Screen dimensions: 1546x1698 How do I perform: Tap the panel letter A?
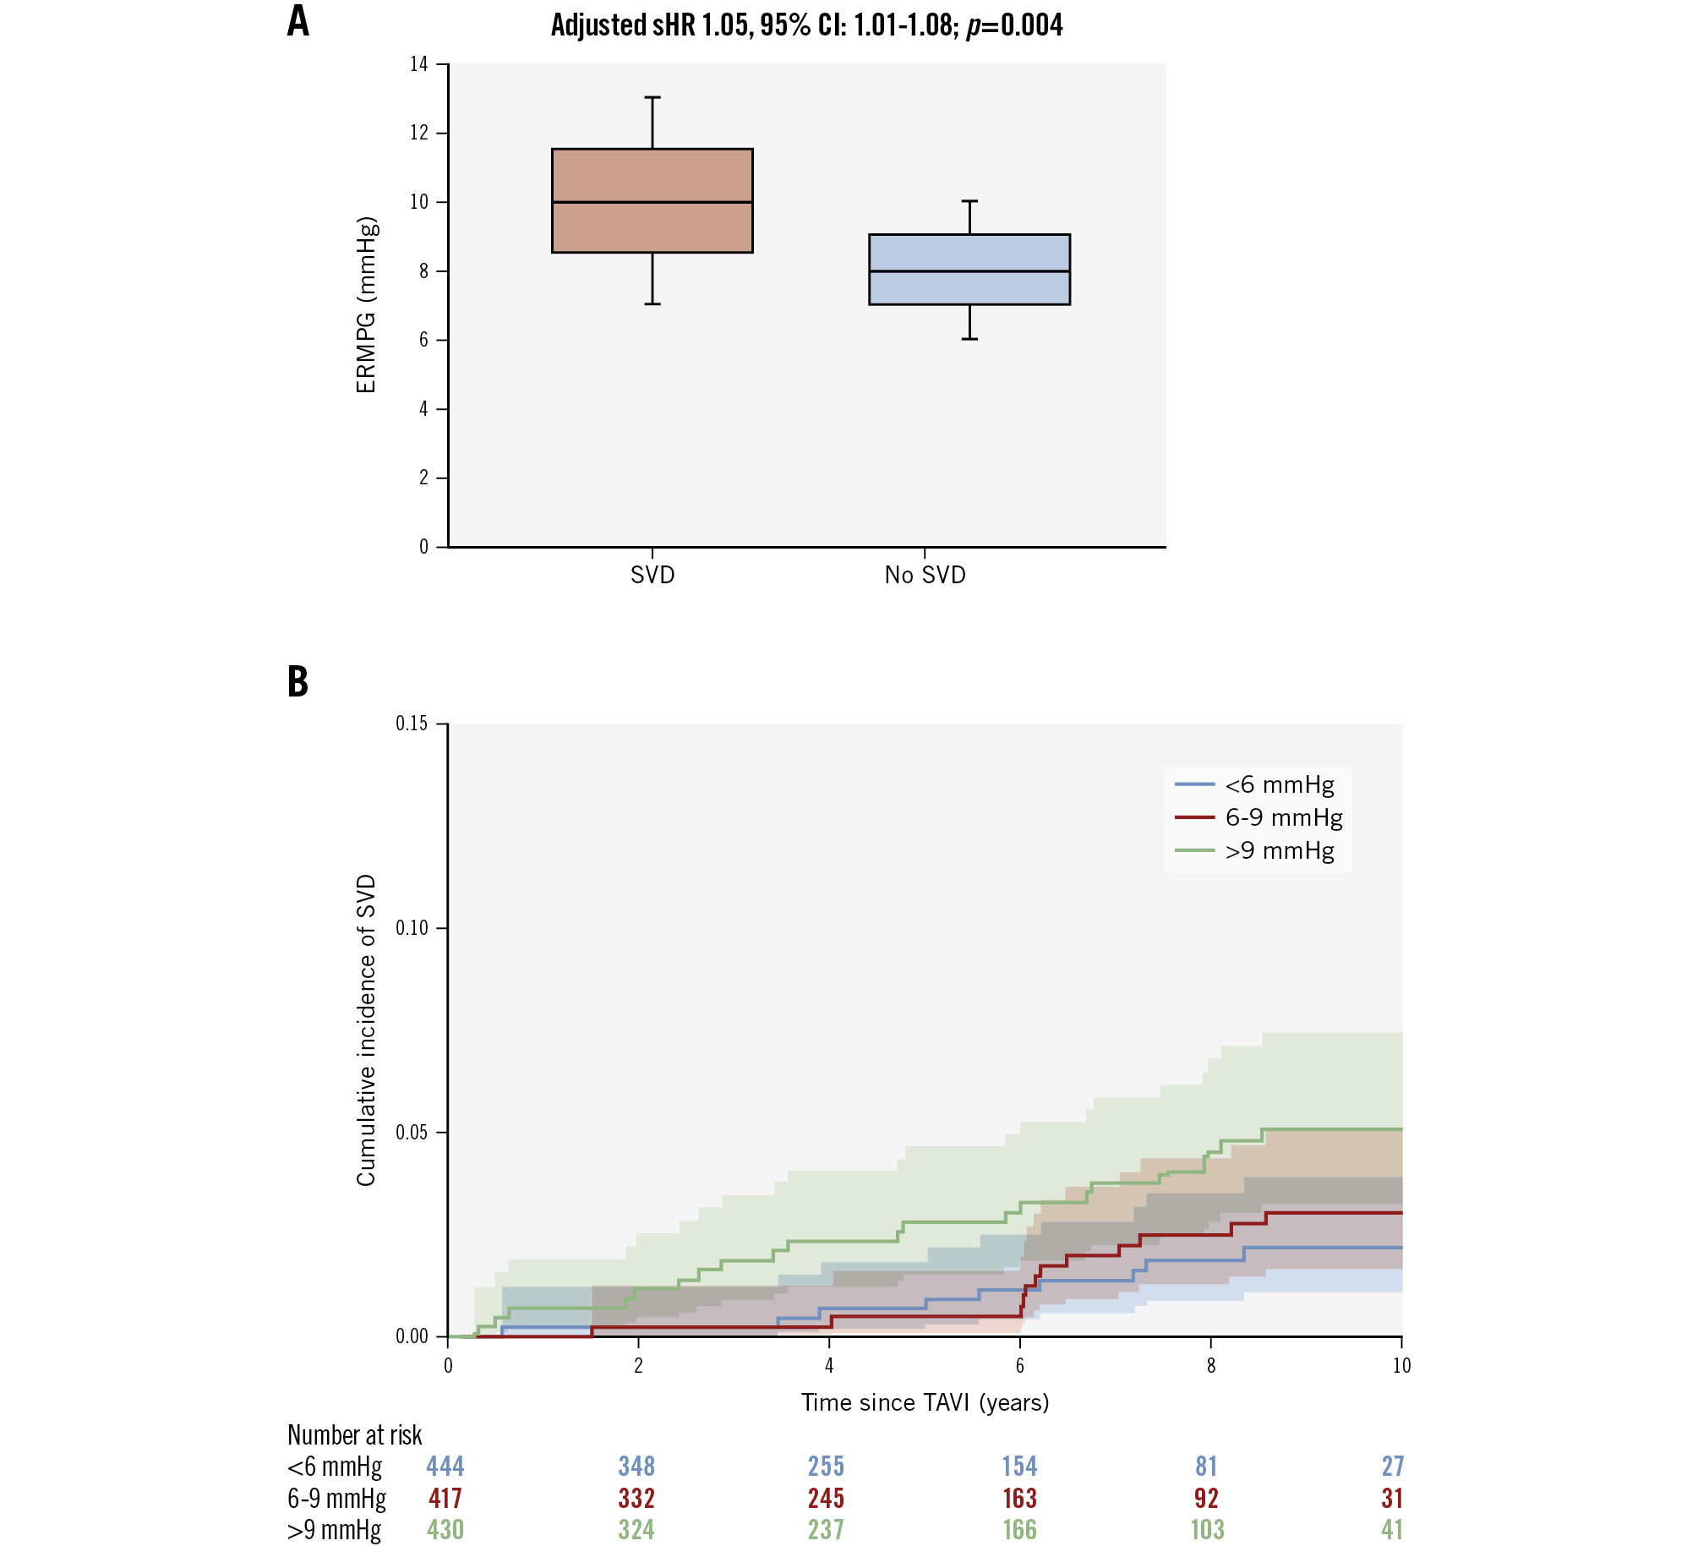(298, 22)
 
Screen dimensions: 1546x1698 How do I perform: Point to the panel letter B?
(298, 681)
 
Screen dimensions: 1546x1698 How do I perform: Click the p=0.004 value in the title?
(1014, 25)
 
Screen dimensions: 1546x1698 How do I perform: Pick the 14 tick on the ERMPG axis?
(419, 64)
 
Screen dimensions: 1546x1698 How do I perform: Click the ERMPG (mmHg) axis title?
(366, 305)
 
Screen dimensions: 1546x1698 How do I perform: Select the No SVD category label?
(925, 576)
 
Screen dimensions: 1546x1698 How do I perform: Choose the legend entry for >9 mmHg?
(1279, 850)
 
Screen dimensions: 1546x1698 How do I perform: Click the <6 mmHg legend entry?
(1279, 785)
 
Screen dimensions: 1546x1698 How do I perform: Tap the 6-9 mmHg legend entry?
(1283, 817)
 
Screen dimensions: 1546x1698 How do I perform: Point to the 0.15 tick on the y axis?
(412, 724)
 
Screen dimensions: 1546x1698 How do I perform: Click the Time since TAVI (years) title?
(925, 1402)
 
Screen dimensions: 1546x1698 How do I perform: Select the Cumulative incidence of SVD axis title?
(366, 1030)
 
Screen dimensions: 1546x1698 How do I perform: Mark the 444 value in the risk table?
(445, 1466)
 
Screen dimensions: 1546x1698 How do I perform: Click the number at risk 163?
(1019, 1498)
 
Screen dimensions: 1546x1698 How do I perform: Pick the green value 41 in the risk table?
(1392, 1529)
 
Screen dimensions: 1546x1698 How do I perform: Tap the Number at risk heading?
(354, 1434)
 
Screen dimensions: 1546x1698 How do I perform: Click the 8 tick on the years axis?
(1210, 1366)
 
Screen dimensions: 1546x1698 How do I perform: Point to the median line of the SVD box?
(652, 202)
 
